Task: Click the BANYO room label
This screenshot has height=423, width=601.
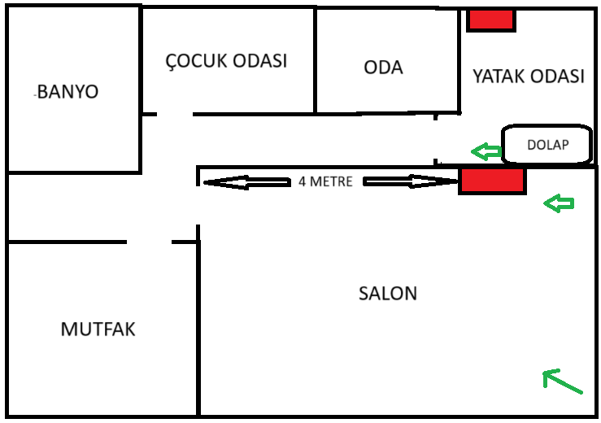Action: tap(68, 91)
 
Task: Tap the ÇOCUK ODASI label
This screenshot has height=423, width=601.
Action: tap(226, 61)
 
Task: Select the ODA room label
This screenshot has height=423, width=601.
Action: tap(384, 68)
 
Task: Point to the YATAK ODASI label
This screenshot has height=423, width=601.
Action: tap(529, 76)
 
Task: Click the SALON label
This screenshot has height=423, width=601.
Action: tap(388, 293)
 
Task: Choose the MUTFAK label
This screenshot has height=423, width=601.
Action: tap(98, 329)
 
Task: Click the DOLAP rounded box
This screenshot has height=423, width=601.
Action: tap(546, 146)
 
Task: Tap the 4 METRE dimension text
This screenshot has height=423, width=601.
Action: tap(325, 181)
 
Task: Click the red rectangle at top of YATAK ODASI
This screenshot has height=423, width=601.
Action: tap(491, 20)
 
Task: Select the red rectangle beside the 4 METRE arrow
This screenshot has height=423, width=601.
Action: tap(492, 181)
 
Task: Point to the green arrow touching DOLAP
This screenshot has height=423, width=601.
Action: tap(486, 150)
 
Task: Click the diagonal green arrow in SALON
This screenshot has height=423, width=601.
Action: tap(562, 382)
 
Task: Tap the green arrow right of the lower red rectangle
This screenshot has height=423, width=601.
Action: tap(559, 203)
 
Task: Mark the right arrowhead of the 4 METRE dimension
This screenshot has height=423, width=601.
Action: tap(447, 181)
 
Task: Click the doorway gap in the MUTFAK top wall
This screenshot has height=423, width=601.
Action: tap(150, 242)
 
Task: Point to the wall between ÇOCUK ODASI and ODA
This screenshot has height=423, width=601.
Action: tap(315, 61)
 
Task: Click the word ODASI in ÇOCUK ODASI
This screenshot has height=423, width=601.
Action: tap(259, 61)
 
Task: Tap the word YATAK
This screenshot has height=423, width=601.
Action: tap(498, 76)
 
